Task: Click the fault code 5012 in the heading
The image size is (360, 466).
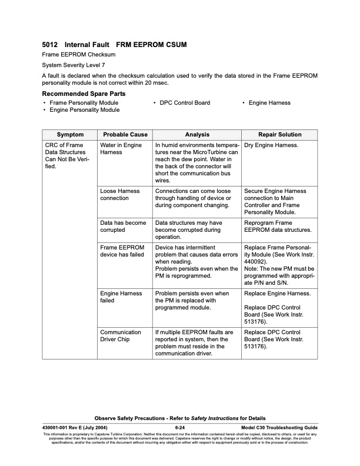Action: tap(49, 44)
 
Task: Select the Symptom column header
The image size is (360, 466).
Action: tap(70, 135)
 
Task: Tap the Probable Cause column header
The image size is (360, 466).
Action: tap(125, 135)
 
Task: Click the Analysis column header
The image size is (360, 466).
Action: tap(196, 135)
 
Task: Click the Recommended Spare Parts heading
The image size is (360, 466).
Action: tap(83, 94)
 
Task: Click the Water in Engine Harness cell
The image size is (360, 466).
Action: tap(121, 148)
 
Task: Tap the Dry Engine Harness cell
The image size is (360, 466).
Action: tap(271, 145)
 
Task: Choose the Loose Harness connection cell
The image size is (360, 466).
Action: tap(120, 195)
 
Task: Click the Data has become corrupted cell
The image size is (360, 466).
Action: tap(124, 227)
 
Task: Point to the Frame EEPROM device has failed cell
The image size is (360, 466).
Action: tap(122, 251)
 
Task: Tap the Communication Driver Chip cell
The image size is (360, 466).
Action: tap(121, 336)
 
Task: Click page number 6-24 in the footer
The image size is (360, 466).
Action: tap(180, 427)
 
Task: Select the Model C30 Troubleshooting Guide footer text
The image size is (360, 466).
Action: tap(279, 427)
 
